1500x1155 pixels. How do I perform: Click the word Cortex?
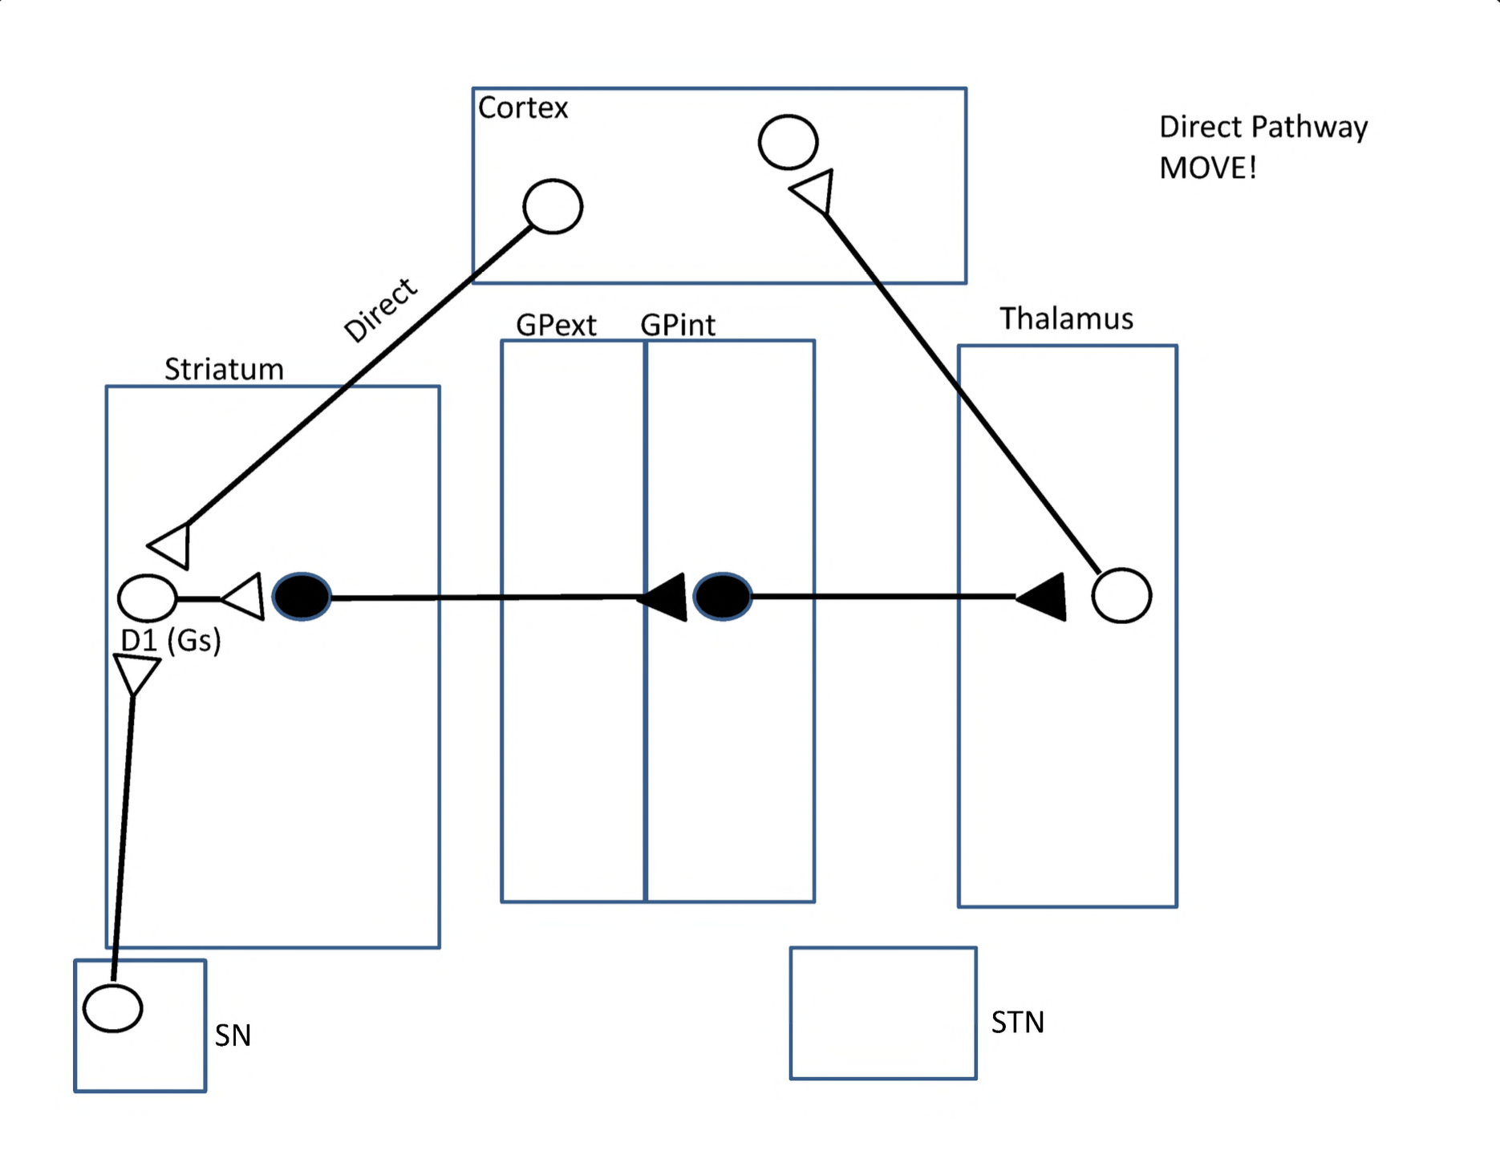[523, 107]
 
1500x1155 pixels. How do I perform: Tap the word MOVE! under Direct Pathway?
[1207, 168]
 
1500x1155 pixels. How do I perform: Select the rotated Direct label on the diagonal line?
[380, 310]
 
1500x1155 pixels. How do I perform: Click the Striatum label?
[224, 369]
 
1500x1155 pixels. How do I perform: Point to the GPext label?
[556, 325]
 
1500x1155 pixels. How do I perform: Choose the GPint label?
[678, 325]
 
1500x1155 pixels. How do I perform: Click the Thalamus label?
[1066, 318]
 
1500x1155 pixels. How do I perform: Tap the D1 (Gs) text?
[170, 640]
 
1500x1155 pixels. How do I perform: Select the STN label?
[1017, 1023]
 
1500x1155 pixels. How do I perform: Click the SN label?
[233, 1035]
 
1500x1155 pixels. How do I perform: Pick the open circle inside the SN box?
[113, 1008]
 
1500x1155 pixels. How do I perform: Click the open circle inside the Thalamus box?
[1121, 596]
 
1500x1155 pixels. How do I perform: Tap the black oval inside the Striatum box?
[302, 597]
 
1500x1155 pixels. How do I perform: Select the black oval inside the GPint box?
[722, 597]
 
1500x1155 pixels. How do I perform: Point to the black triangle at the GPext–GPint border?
[667, 597]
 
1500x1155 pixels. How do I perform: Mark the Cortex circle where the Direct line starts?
[553, 207]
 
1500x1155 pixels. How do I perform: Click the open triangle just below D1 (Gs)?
[136, 672]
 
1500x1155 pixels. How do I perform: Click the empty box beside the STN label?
[883, 1013]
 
